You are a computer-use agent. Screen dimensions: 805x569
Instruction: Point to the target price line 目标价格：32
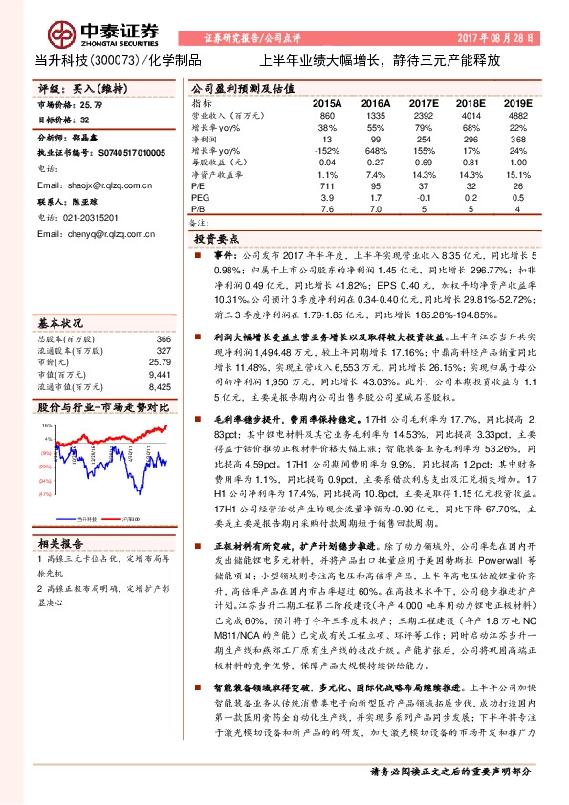63,120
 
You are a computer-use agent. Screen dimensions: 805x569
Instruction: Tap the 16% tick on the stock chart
47,425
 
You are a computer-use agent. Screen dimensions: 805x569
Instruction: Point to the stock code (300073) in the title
113,59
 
